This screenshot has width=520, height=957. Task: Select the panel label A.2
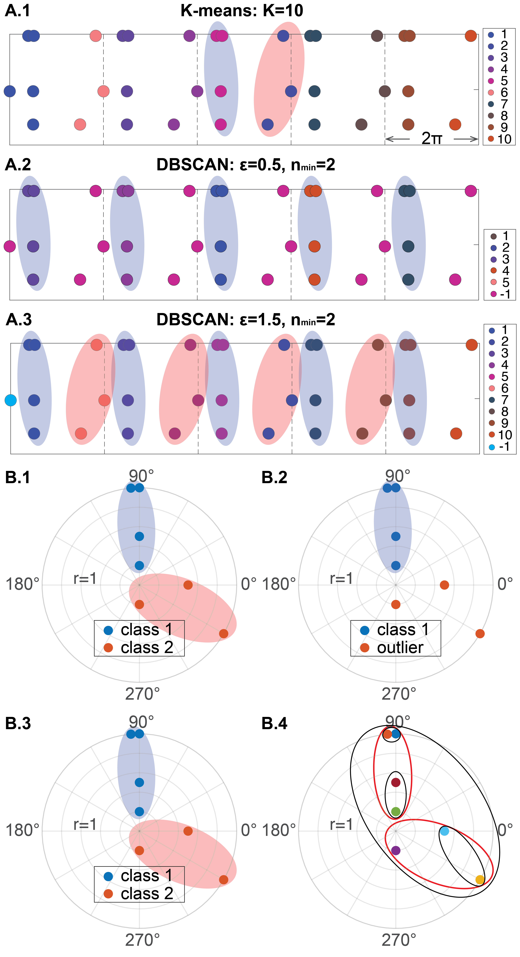pos(18,165)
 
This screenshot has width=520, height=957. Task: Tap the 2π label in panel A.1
pos(432,139)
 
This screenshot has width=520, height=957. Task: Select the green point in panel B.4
pos(396,811)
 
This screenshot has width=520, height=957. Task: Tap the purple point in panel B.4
pos(396,850)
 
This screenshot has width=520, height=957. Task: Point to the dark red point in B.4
pos(396,782)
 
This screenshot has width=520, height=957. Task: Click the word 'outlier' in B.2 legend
pos(400,647)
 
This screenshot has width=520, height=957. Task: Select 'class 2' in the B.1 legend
pos(147,647)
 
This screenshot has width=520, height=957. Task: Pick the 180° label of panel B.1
pos(22,584)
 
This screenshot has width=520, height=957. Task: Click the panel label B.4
pos(274,723)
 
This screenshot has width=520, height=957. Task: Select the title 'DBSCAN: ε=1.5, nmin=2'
pos(245,319)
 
